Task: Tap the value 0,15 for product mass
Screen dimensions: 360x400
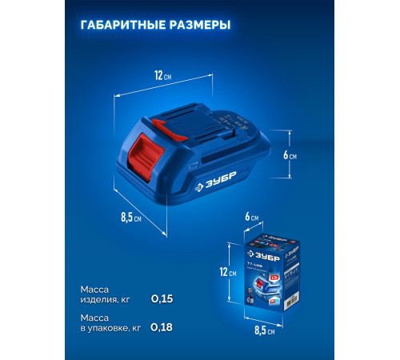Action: (162, 299)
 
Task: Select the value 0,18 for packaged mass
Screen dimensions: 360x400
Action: (162, 326)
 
